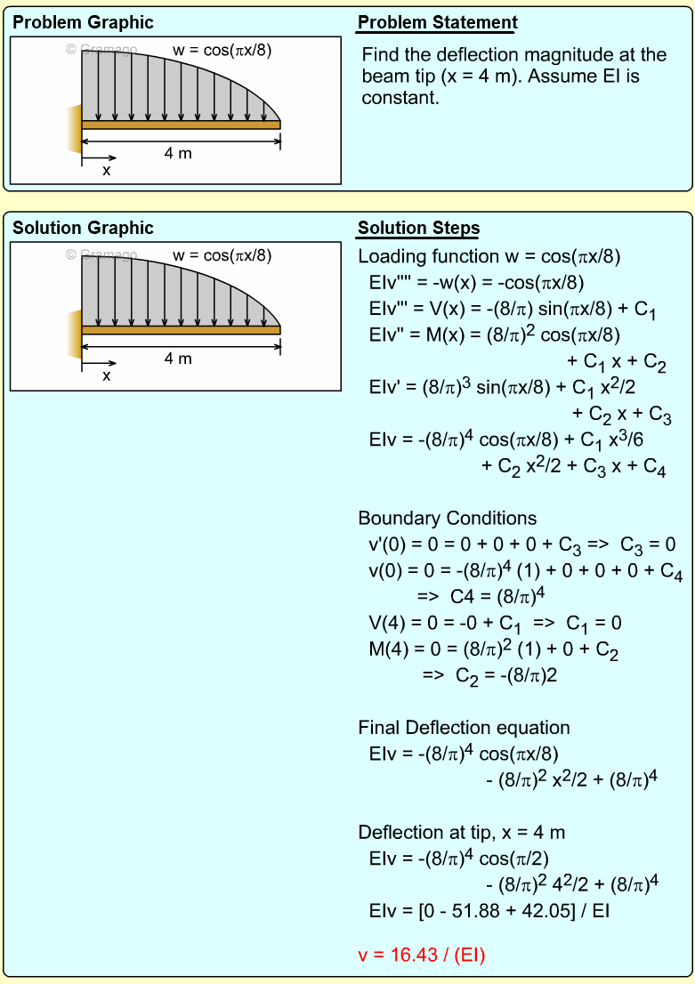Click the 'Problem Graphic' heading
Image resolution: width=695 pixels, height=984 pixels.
pyautogui.click(x=83, y=23)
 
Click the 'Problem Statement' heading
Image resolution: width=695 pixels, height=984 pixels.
pyautogui.click(x=437, y=23)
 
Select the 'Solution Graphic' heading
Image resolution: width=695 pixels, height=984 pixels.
pyautogui.click(x=83, y=229)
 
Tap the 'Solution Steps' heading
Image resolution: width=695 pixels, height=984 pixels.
pyautogui.click(x=418, y=229)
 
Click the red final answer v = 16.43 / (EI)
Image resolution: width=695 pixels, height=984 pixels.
pyautogui.click(x=421, y=956)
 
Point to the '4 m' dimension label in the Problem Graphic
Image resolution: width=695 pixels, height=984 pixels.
pyautogui.click(x=178, y=153)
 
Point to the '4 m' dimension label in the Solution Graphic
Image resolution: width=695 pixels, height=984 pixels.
pyautogui.click(x=178, y=359)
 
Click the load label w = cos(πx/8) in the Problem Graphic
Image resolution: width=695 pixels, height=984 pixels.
pyautogui.click(x=222, y=51)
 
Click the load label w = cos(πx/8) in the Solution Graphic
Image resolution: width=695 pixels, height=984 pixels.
pyautogui.click(x=222, y=256)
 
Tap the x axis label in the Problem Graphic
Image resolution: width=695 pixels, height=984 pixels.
pyautogui.click(x=107, y=170)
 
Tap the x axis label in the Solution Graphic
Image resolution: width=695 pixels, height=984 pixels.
pyautogui.click(x=107, y=375)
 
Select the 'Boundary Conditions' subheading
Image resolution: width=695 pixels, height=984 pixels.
pyautogui.click(x=447, y=518)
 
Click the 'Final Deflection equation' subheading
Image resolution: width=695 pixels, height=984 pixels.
pyautogui.click(x=464, y=729)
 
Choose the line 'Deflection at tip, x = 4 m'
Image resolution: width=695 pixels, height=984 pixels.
pyautogui.click(x=462, y=833)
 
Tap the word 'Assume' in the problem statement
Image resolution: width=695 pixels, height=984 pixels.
pyautogui.click(x=566, y=77)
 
